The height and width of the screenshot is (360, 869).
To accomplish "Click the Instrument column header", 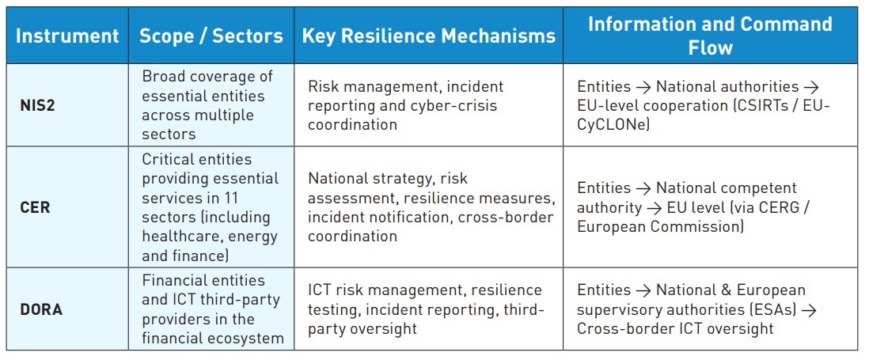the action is click(67, 36).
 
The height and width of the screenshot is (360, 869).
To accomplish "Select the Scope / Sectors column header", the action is click(211, 36).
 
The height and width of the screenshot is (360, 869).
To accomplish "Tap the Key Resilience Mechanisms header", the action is click(428, 36).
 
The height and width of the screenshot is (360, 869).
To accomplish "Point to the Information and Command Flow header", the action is click(710, 36).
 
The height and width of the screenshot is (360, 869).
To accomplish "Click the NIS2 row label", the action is click(38, 105).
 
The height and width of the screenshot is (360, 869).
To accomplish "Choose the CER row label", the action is click(35, 207).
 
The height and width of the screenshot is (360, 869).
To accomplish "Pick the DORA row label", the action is click(41, 309).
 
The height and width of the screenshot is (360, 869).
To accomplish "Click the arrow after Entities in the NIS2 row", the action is click(643, 87).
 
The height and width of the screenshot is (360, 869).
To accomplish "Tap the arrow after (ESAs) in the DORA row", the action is click(809, 310).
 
